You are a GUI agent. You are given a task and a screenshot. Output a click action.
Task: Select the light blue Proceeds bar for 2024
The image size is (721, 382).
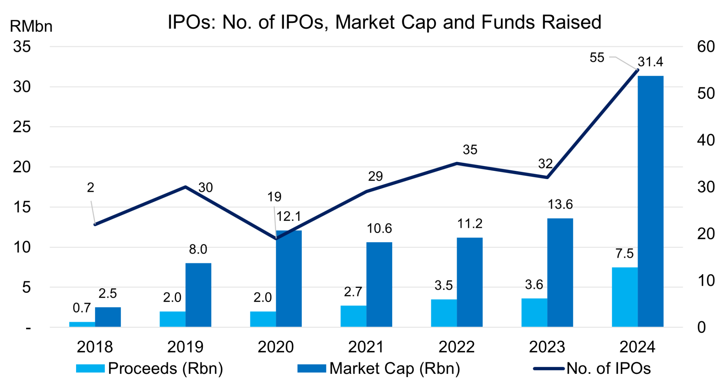coord(625,297)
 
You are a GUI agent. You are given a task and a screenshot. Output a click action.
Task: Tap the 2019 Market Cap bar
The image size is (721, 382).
coord(198,295)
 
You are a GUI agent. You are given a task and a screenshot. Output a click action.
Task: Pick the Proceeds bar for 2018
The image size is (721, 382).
coord(82,324)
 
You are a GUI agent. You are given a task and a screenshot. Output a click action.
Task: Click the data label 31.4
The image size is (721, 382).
coord(650,62)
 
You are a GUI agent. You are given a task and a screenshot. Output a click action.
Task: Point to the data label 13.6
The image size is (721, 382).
coord(560,204)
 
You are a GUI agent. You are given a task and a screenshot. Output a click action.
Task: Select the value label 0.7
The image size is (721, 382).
coord(82,308)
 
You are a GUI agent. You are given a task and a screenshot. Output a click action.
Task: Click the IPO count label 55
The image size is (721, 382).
coord(597,58)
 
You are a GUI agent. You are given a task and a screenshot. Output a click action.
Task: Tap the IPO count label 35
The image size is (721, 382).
coord(470,150)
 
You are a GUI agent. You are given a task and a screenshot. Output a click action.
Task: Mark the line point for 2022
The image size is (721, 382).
coord(457,163)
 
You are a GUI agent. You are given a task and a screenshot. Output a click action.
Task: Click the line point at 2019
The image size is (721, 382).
coord(186,186)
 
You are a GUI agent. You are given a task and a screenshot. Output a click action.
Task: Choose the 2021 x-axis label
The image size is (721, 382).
coord(366,347)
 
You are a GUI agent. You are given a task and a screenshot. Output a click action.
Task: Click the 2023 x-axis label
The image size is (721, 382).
coord(547,347)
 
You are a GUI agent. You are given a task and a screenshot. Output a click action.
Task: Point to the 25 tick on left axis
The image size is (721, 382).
coord(22,127)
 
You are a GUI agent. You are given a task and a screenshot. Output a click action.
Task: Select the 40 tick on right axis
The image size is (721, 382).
coord(706,140)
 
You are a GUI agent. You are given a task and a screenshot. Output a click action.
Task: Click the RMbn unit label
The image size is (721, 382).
coord(31,26)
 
